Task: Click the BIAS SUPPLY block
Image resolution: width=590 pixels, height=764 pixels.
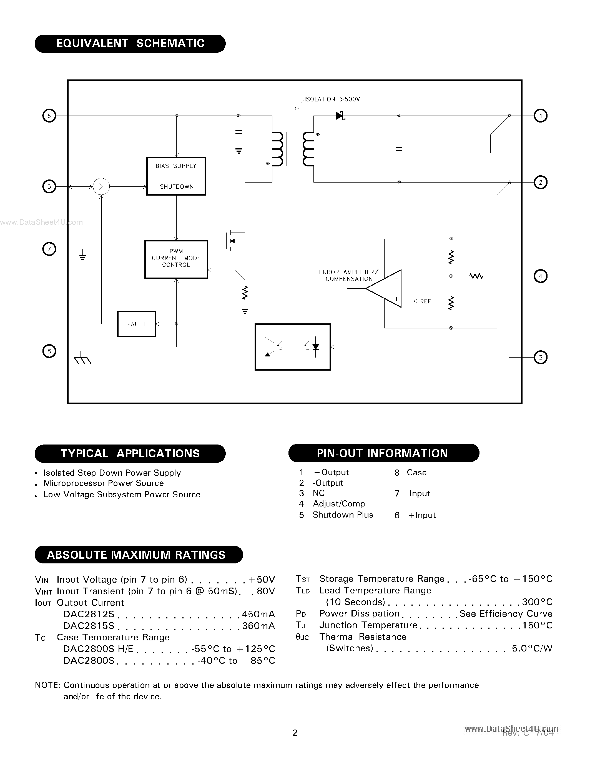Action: point(176,176)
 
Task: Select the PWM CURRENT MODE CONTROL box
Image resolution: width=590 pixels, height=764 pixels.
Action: point(176,259)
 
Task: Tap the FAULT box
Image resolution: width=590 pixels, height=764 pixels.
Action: point(136,324)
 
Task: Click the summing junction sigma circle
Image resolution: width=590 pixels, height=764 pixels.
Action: point(101,187)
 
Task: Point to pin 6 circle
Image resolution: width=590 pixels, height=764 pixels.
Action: point(49,116)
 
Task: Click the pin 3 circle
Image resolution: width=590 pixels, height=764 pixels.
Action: point(540,358)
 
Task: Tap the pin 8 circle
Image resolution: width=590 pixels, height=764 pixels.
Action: point(49,351)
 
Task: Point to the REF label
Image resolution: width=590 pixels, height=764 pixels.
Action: point(425,301)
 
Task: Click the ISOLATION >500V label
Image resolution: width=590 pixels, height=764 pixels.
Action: point(332,99)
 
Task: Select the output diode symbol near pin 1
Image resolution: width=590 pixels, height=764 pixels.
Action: point(340,116)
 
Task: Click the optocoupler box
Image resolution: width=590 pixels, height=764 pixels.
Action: point(293,347)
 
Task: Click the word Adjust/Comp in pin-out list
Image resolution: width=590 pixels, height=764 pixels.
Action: point(338,504)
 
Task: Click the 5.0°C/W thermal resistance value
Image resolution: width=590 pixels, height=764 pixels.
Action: point(532,648)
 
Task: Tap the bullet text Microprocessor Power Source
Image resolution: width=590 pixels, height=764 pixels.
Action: point(104,483)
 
